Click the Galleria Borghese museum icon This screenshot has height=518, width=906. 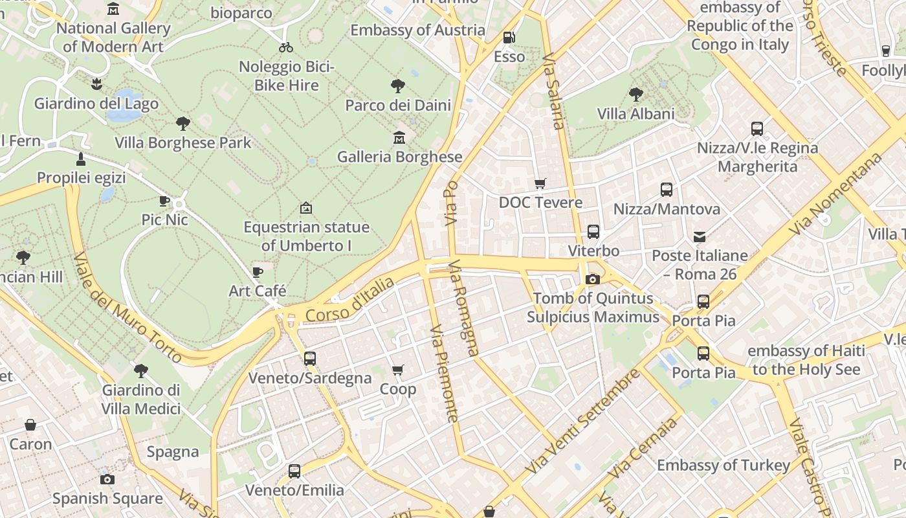click(399, 138)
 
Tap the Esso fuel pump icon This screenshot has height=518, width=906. click(509, 38)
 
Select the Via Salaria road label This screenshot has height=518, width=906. click(555, 91)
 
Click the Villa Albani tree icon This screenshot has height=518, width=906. click(636, 95)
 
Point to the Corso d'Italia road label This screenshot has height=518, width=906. click(349, 300)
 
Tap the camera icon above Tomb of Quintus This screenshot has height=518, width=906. click(592, 279)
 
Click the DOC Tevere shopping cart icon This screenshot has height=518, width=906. click(540, 184)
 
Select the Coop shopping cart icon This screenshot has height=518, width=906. click(398, 370)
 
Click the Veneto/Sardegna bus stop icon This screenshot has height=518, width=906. click(310, 358)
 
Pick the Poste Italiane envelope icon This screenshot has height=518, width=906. click(700, 236)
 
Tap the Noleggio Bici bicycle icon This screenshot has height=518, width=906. click(286, 47)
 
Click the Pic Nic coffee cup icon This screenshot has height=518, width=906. click(164, 201)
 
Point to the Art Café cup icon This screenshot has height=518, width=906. click(258, 272)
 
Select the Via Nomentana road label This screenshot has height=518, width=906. click(836, 194)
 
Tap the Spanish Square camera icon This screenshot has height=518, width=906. click(107, 479)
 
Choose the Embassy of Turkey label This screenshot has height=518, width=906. click(724, 466)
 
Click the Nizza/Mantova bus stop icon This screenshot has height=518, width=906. click(667, 190)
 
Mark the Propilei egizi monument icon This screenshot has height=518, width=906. click(81, 159)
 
